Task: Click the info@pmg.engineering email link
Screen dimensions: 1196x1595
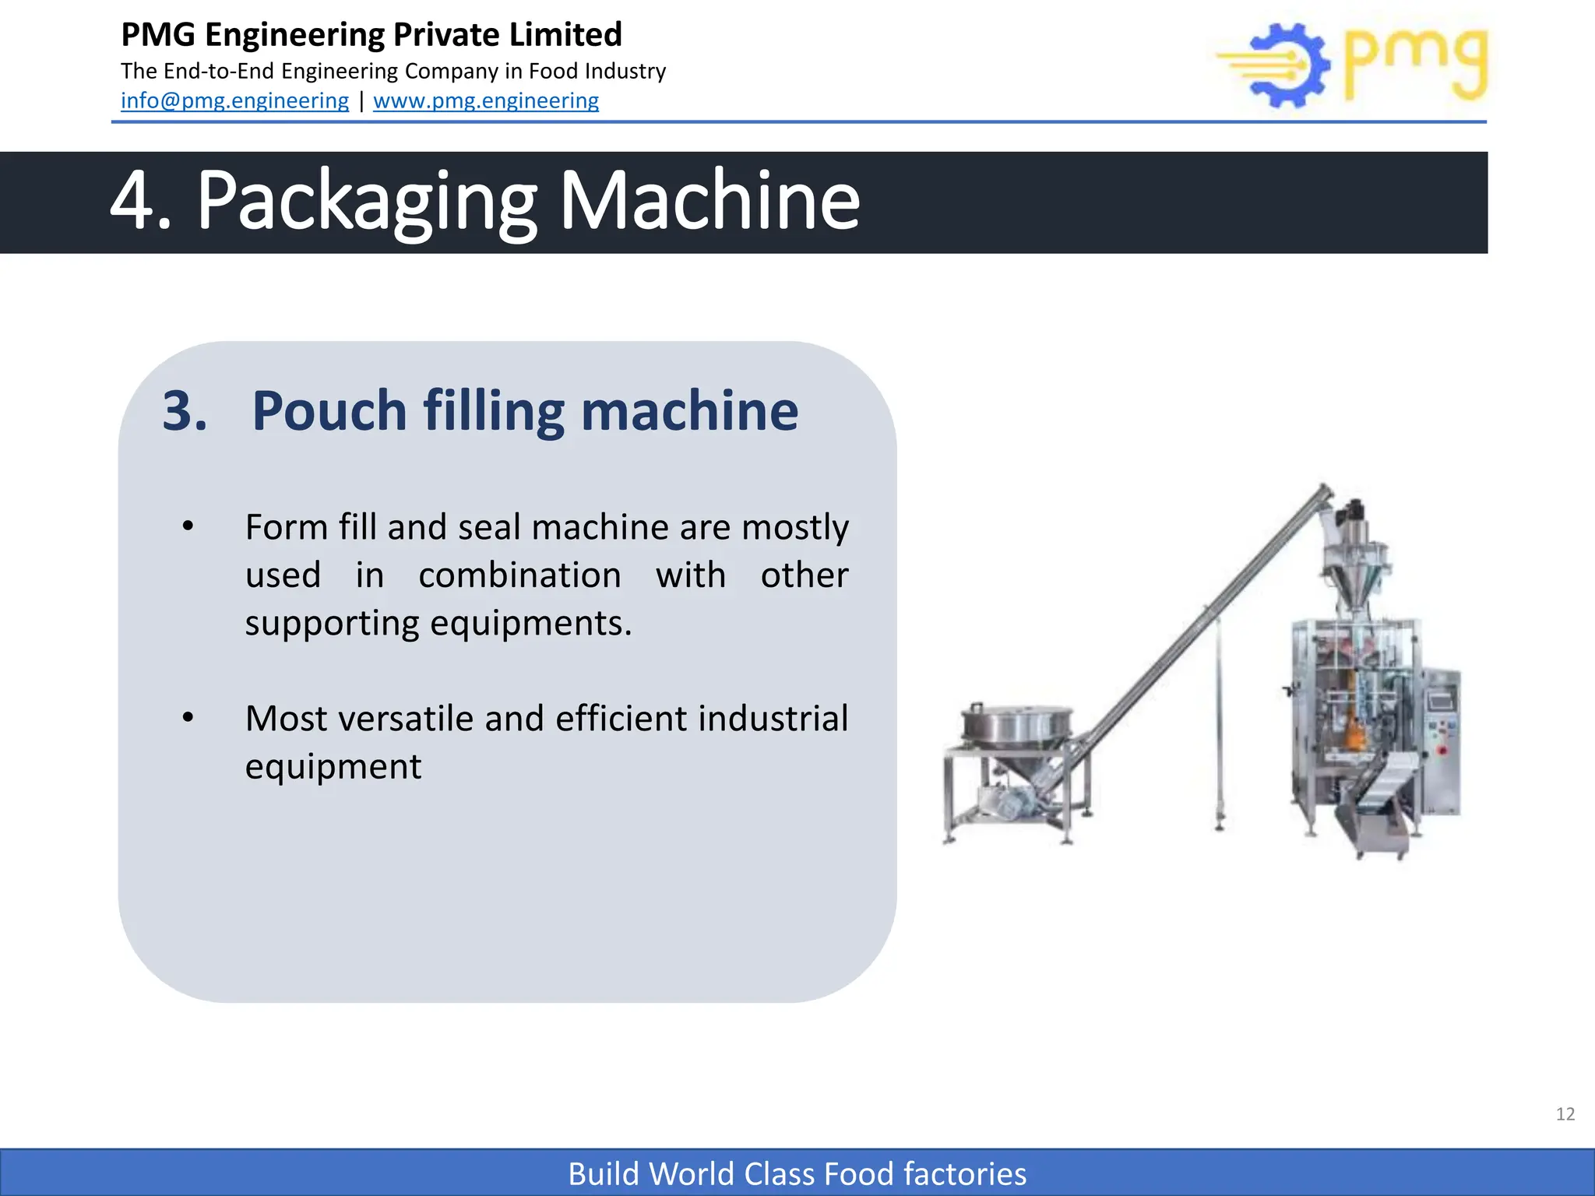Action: [234, 101]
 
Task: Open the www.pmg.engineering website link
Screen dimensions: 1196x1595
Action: [486, 101]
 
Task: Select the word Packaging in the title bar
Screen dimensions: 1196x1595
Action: [366, 202]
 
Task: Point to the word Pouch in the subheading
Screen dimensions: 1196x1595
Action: [329, 410]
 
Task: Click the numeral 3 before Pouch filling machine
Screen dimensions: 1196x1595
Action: [184, 410]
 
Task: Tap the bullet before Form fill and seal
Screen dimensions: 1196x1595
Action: [188, 527]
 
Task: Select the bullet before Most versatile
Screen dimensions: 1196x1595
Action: [188, 718]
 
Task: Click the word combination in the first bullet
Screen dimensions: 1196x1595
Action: [519, 576]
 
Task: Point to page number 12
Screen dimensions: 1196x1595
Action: [1565, 1114]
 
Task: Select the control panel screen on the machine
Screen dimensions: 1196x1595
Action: [1441, 699]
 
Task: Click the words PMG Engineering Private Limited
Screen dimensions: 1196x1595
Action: [371, 35]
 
